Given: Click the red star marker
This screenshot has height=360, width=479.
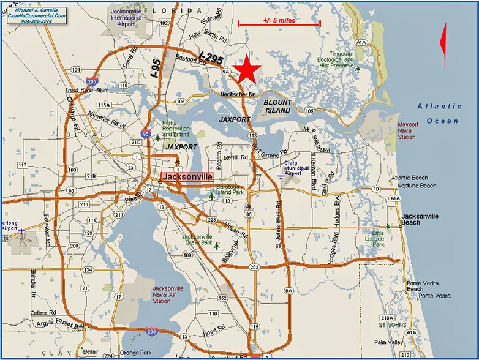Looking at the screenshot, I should pos(247,69).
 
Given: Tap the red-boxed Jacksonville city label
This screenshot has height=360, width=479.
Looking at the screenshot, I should pos(188,176).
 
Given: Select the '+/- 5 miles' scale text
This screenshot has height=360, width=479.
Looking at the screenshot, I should pos(279,20).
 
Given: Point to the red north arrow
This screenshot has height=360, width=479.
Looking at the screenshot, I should pos(443,45).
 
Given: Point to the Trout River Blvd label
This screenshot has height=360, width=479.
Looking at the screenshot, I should pos(86,91).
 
